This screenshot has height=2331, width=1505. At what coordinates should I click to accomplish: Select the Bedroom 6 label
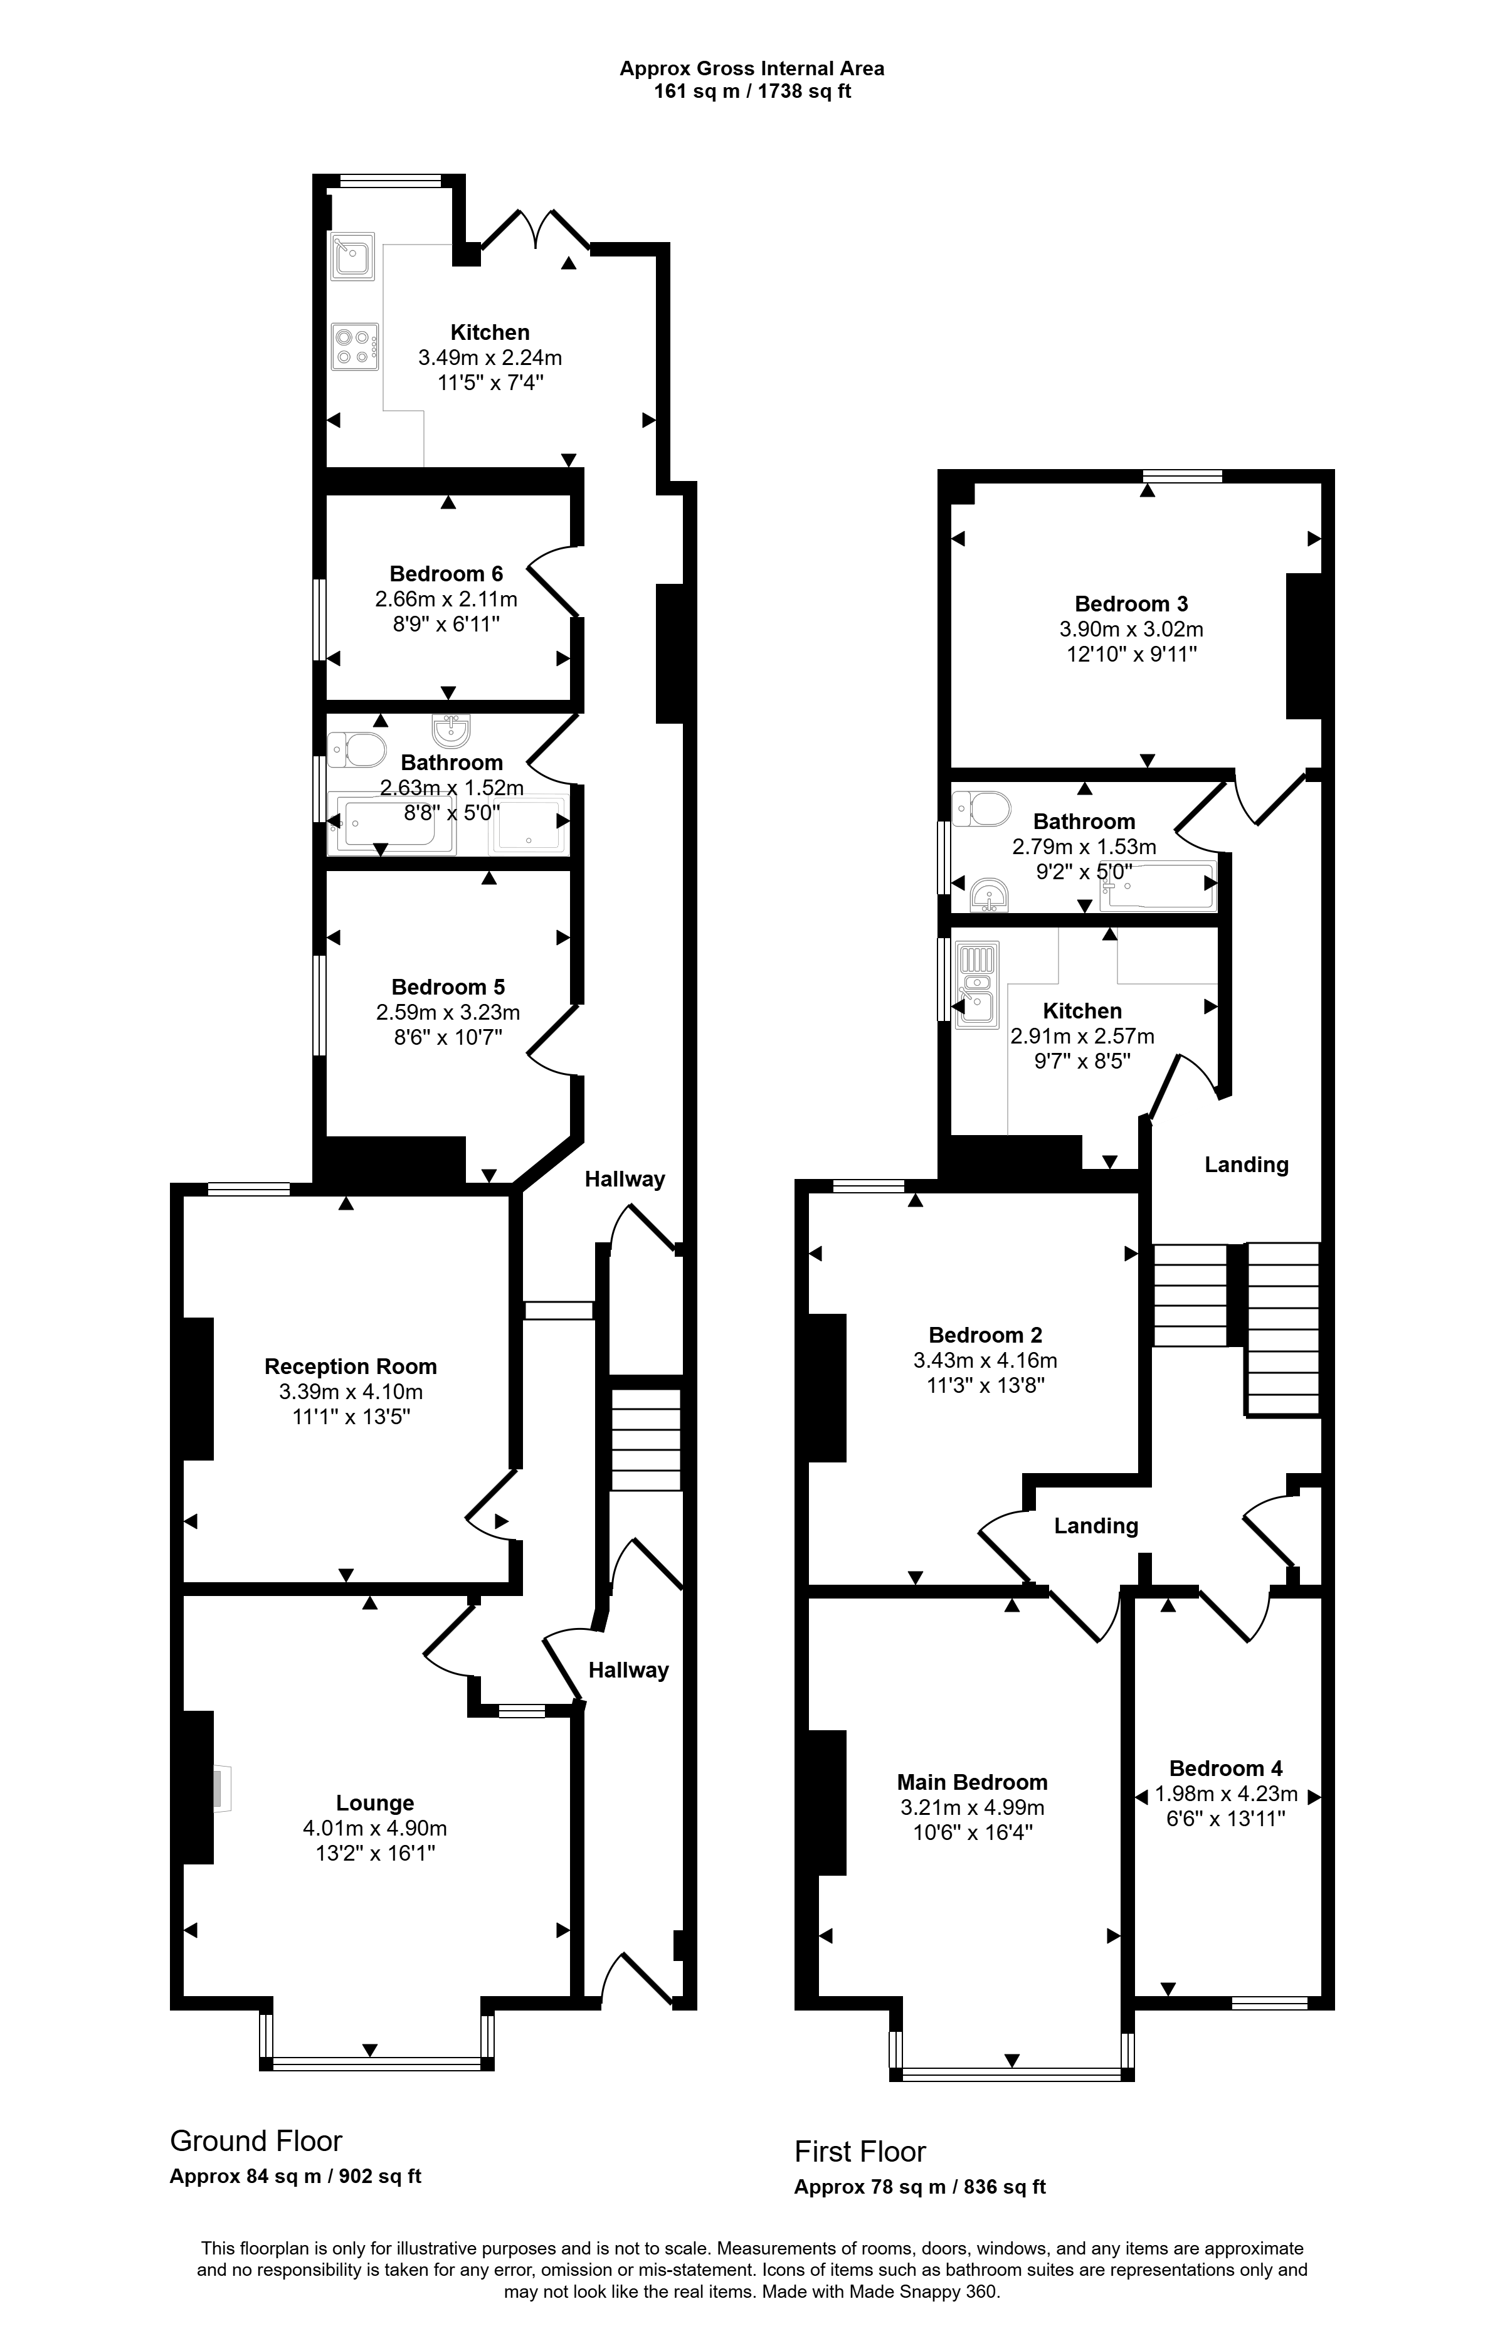(x=446, y=574)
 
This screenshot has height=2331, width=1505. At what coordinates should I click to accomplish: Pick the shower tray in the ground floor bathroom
(x=529, y=823)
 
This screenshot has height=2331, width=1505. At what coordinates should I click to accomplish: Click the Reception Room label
(x=351, y=1366)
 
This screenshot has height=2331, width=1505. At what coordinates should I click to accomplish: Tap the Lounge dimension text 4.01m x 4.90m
(x=375, y=1827)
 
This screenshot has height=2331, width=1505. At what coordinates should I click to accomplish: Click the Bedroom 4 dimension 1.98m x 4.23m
(x=1227, y=1794)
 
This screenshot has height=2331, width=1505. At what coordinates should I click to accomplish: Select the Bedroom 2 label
(x=985, y=1335)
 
